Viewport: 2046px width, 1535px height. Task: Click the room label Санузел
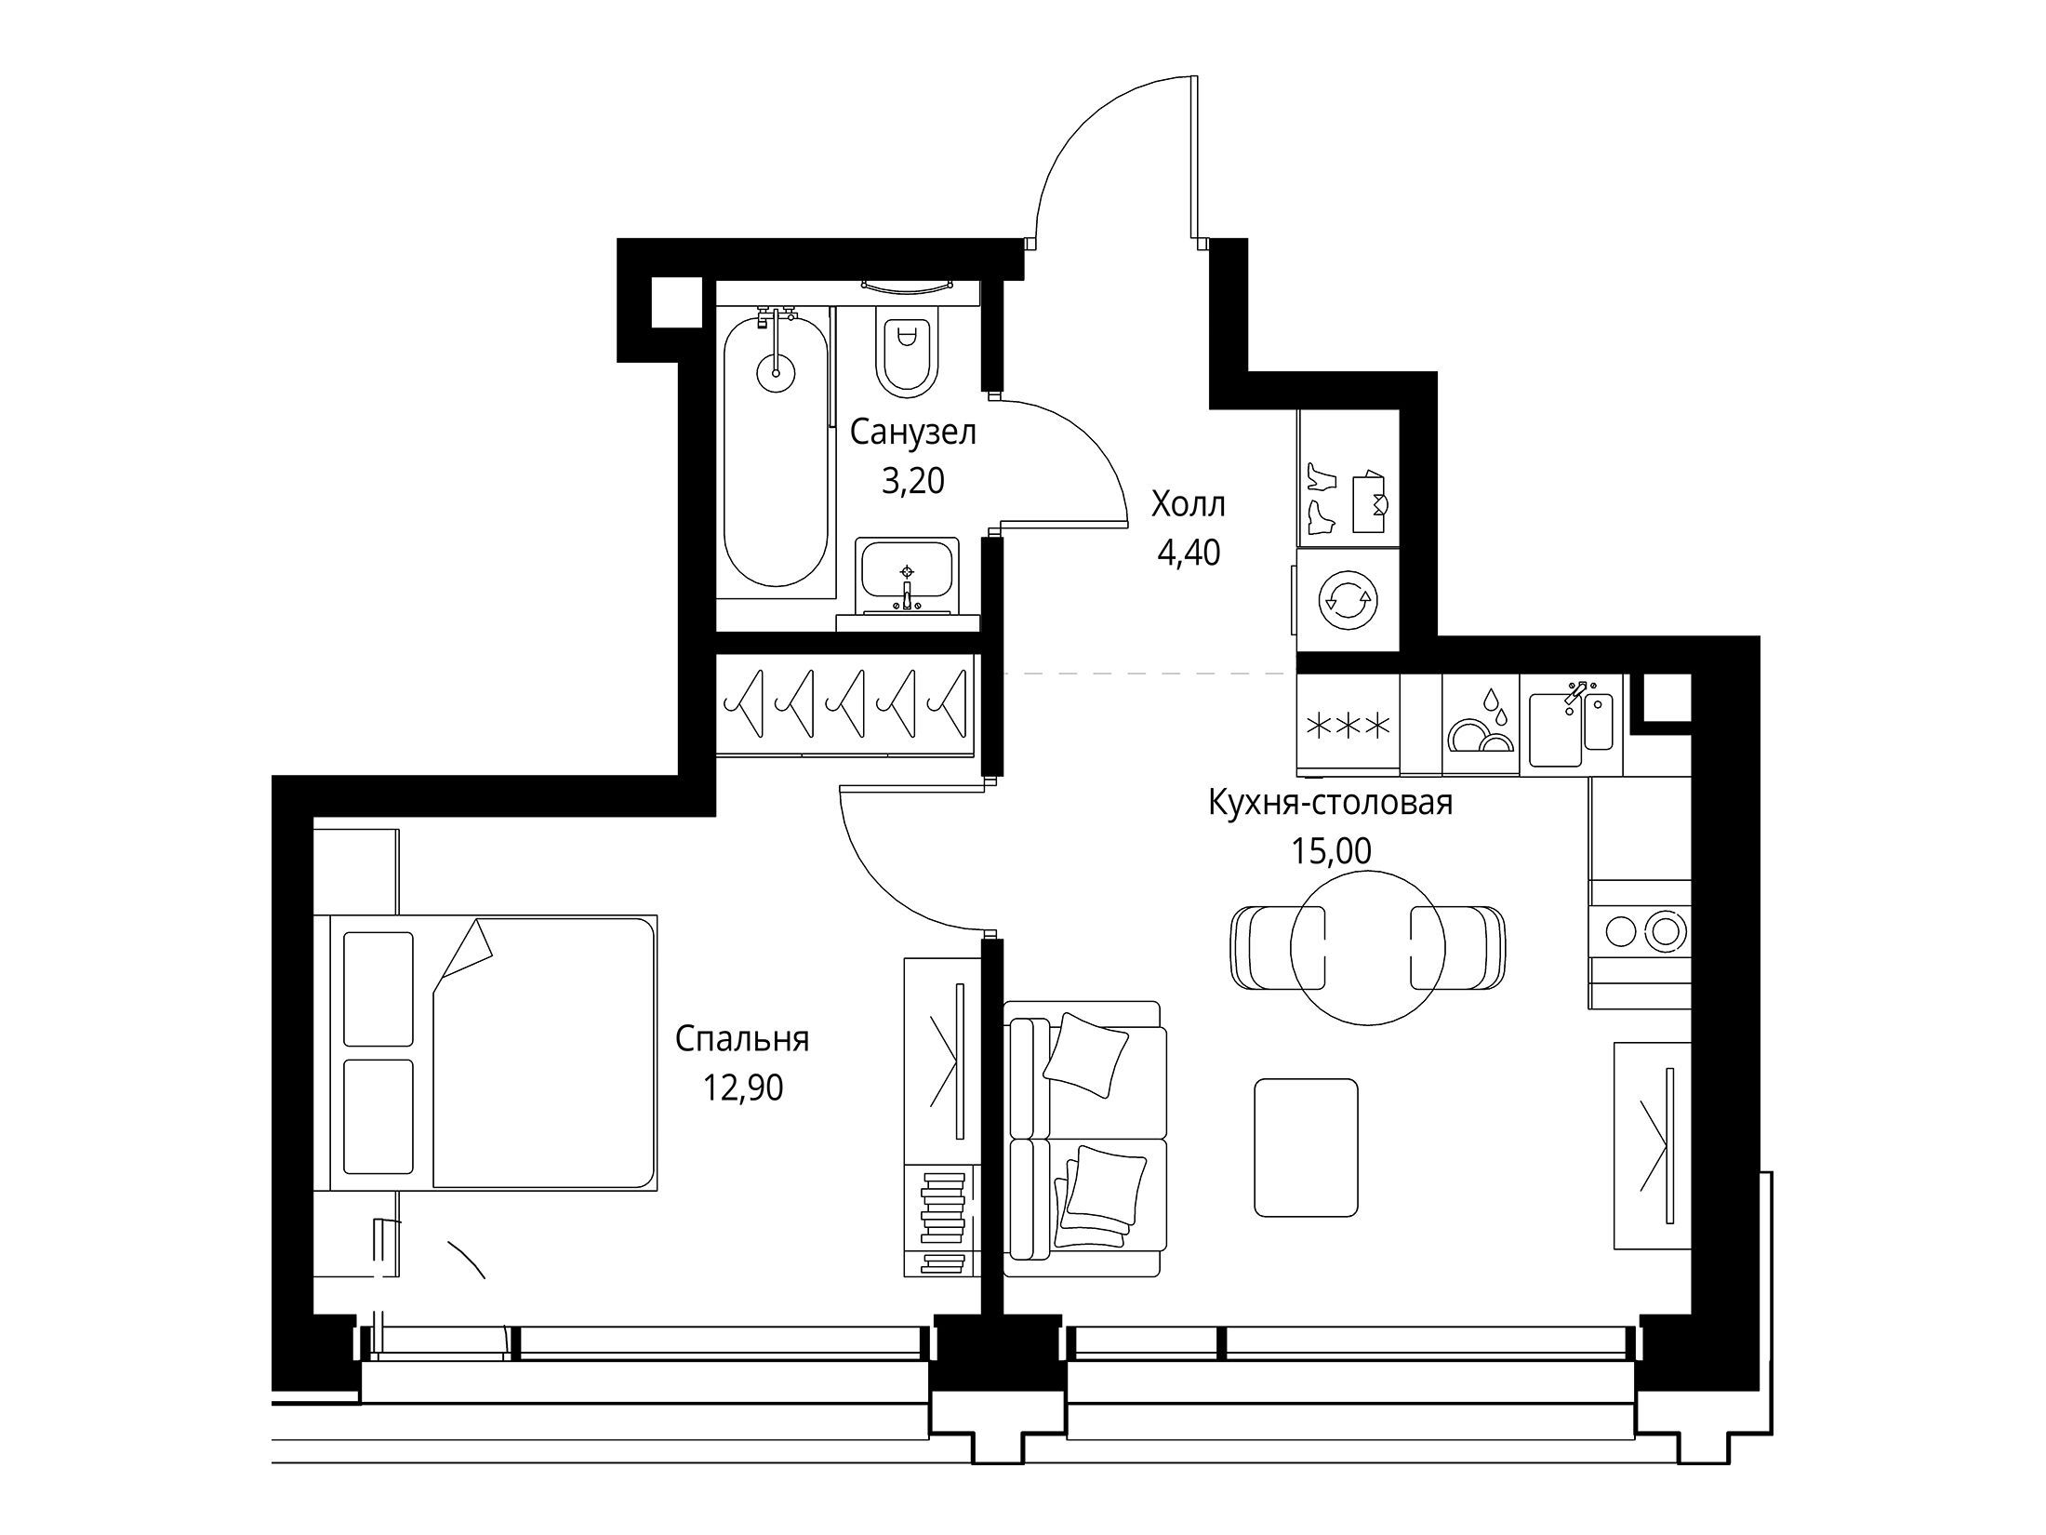click(913, 434)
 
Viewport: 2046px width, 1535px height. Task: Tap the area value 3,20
click(913, 481)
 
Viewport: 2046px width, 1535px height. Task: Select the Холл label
click(1189, 505)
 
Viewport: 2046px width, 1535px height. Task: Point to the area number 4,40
click(1189, 554)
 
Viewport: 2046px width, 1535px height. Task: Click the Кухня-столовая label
click(1330, 803)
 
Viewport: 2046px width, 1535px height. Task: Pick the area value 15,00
click(1331, 850)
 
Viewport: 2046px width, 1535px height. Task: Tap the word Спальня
click(742, 1039)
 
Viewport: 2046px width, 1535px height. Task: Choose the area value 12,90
click(743, 1088)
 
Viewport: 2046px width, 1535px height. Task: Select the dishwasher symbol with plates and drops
click(1481, 724)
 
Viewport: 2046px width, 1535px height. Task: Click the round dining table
click(1367, 948)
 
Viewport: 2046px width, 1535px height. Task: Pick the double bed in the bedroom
click(494, 1052)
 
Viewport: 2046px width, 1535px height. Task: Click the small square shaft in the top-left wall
click(677, 302)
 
